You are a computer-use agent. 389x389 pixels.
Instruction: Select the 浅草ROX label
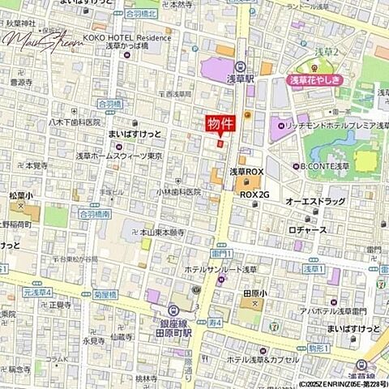pos(246,172)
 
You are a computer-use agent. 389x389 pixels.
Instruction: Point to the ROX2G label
pos(254,194)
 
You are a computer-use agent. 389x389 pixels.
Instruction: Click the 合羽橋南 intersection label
pos(95,214)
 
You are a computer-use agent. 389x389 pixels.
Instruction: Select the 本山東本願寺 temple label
pos(163,232)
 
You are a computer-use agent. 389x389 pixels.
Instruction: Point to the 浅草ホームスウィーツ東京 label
pos(119,155)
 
